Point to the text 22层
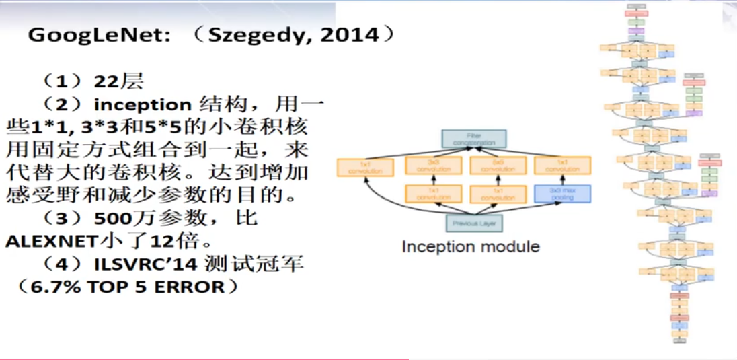(118, 82)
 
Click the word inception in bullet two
(142, 105)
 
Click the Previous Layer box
(474, 223)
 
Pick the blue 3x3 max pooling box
(562, 194)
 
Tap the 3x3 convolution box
(433, 166)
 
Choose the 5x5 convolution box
(497, 166)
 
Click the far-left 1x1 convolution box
(364, 168)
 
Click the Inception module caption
(471, 246)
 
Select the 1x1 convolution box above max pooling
(562, 166)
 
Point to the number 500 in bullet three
(112, 219)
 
